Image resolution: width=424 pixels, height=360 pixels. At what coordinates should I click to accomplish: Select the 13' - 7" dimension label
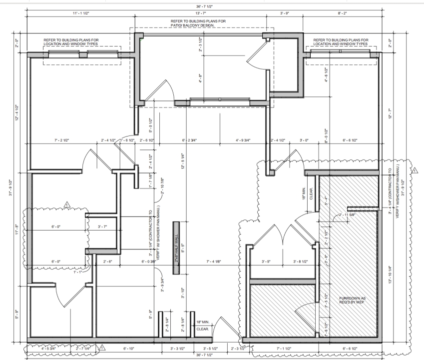pos(201,12)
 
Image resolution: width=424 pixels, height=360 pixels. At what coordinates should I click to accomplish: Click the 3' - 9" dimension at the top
pos(285,12)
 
